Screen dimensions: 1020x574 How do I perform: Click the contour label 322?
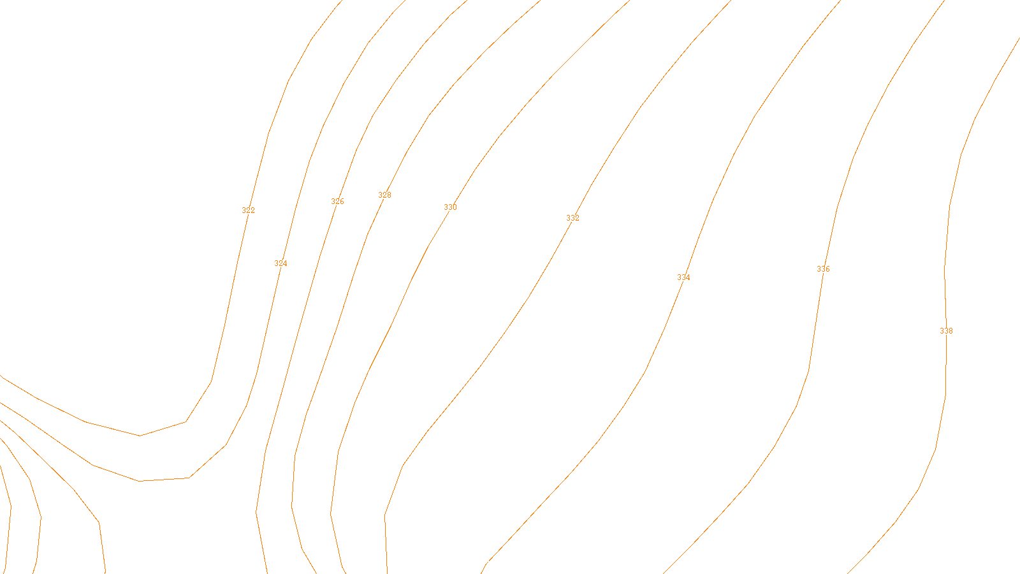point(248,210)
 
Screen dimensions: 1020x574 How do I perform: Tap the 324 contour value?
point(280,263)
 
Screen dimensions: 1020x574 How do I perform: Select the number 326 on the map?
point(337,202)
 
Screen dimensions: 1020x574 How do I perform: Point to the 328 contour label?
point(384,195)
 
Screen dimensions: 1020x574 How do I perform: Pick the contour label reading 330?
point(450,207)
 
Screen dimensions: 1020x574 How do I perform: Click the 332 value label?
point(572,218)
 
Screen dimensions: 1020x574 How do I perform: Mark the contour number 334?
point(683,277)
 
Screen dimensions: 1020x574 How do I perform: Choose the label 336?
point(823,269)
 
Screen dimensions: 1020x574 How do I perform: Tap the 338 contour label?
point(946,331)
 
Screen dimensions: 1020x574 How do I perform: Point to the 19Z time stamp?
point(483,564)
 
